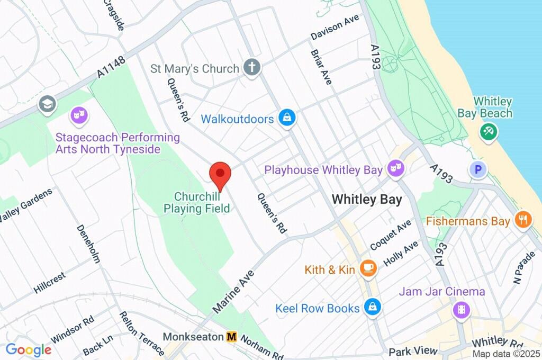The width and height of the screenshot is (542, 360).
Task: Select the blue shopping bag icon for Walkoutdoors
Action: [x=286, y=118]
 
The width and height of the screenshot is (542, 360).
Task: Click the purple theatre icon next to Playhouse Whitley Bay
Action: [x=394, y=169]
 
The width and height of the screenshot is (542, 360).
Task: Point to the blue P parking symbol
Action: [x=478, y=169]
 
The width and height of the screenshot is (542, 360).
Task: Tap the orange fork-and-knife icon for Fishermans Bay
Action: [x=523, y=220]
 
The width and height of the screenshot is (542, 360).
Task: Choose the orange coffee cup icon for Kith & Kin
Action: [x=368, y=269]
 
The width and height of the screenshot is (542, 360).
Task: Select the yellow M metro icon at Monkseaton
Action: [x=231, y=337]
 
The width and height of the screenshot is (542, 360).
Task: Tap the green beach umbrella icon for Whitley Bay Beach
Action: [x=487, y=131]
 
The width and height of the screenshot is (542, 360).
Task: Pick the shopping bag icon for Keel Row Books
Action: [x=373, y=308]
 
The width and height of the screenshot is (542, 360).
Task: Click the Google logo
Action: [x=28, y=350]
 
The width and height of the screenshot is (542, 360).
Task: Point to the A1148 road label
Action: [x=111, y=68]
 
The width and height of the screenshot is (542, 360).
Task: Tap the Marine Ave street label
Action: [x=233, y=291]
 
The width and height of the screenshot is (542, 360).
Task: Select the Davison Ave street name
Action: [x=335, y=27]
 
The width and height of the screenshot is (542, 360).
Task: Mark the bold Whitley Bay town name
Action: [x=366, y=200]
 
